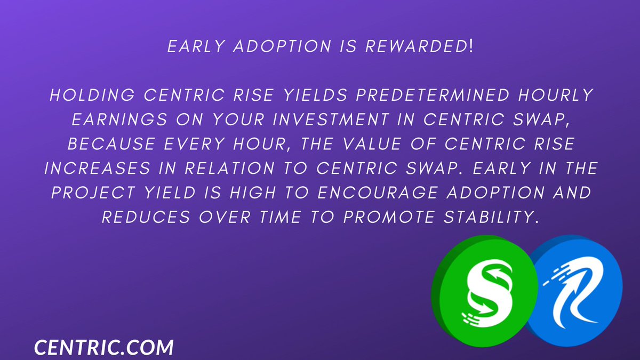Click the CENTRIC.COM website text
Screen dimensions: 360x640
coord(104,347)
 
